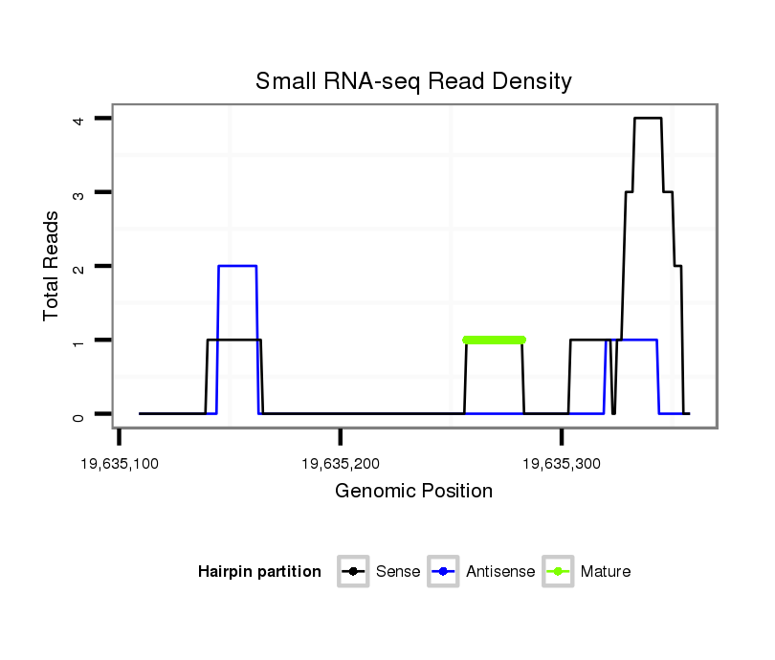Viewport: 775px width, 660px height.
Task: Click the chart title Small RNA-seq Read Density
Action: [413, 81]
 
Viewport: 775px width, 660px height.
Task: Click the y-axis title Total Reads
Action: [52, 266]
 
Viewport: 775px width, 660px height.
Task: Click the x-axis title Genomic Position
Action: [413, 492]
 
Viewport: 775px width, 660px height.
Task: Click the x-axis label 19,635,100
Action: [120, 465]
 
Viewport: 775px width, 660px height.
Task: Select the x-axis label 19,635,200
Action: [341, 465]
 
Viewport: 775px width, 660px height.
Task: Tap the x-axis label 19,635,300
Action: [562, 465]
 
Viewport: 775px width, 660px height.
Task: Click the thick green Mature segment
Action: [494, 340]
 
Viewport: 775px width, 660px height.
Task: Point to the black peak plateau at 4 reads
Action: [648, 119]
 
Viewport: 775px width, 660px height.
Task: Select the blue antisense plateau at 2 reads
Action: [237, 266]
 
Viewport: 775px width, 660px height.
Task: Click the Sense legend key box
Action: [353, 572]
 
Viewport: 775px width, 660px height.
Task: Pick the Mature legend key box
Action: [557, 572]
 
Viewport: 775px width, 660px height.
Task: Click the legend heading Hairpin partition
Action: [259, 572]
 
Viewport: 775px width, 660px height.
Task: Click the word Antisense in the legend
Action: [500, 572]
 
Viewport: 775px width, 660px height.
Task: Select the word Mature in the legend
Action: [606, 572]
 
